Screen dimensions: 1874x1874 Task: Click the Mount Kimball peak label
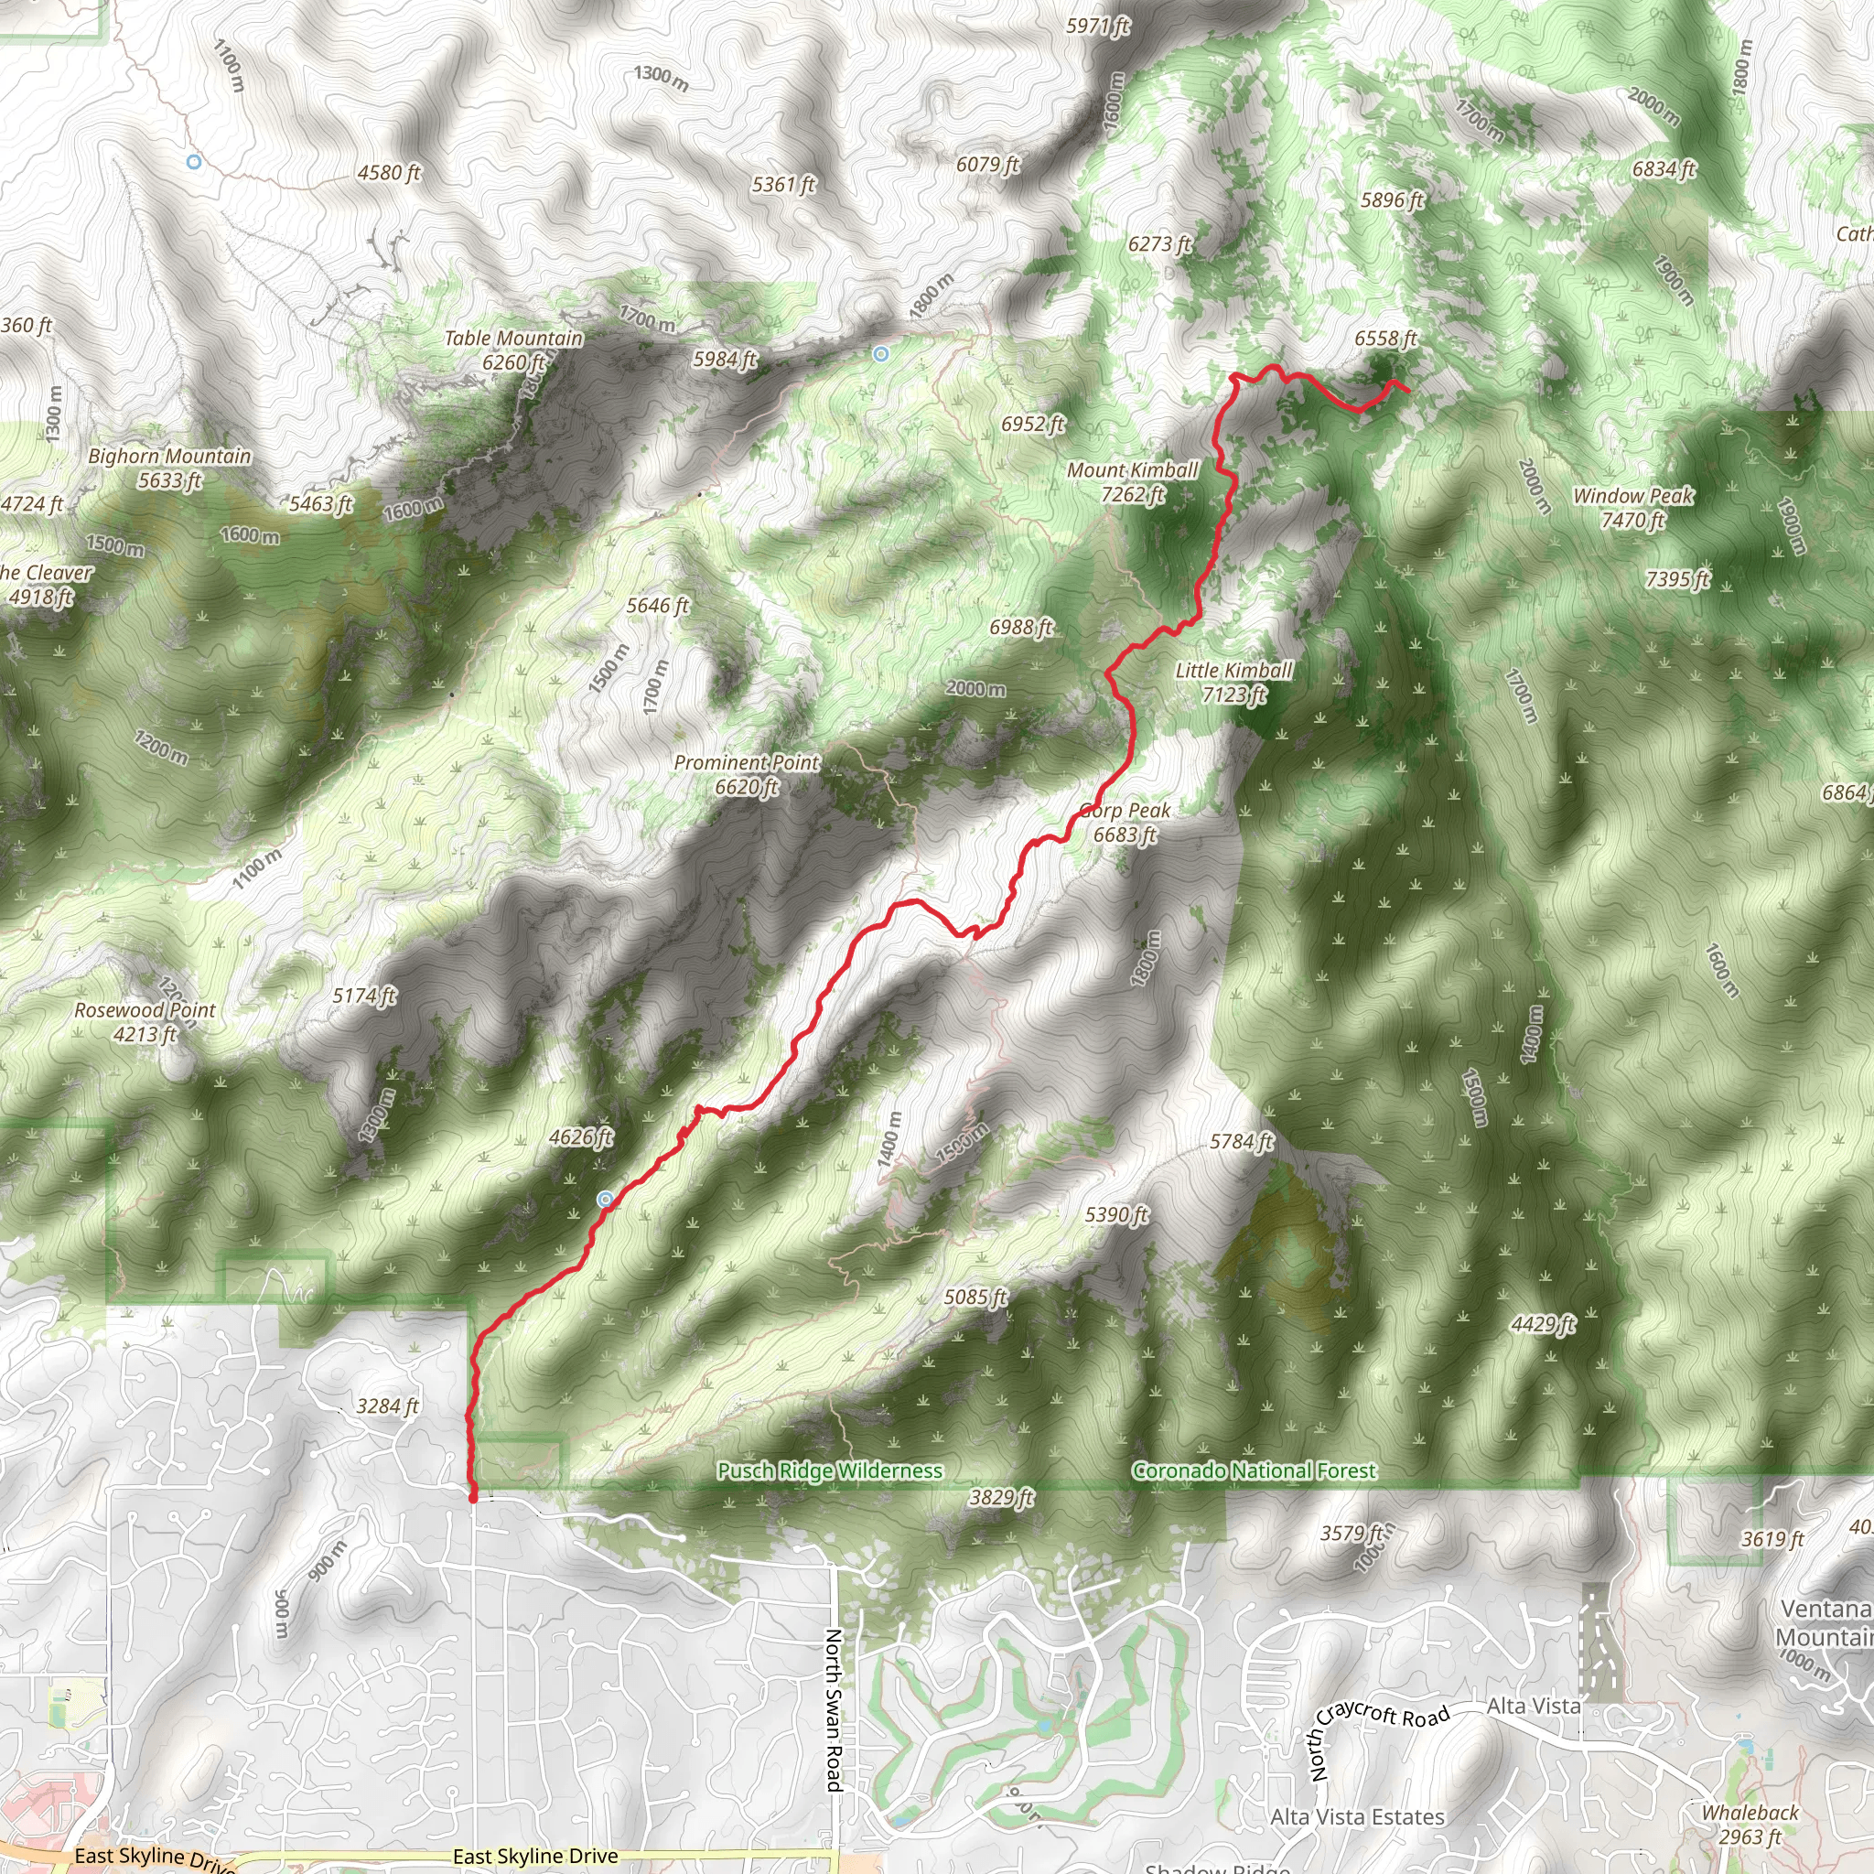click(x=1132, y=482)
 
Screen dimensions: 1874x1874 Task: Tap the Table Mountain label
click(x=513, y=350)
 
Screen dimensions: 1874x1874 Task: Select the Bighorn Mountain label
click(x=170, y=468)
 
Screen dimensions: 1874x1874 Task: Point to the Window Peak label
click(x=1632, y=507)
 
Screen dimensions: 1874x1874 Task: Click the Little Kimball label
click(x=1233, y=682)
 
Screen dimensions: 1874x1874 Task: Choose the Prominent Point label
click(x=747, y=774)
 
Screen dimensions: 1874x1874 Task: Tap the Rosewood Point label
click(x=145, y=1021)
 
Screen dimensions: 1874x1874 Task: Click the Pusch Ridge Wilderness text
click(x=829, y=1470)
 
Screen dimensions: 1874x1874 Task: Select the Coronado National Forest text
click(x=1254, y=1470)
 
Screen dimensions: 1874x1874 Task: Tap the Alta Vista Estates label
click(x=1357, y=1816)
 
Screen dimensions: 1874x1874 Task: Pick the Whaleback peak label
click(x=1750, y=1824)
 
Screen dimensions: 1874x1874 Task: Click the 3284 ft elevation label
click(x=387, y=1405)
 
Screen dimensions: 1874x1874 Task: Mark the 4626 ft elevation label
click(x=581, y=1136)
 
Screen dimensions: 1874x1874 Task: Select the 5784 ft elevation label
click(x=1242, y=1142)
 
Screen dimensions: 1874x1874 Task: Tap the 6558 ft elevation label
click(x=1386, y=339)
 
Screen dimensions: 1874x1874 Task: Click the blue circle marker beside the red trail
click(x=605, y=1200)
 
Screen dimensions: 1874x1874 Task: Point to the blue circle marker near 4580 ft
click(x=194, y=162)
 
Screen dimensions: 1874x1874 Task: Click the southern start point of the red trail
click(x=473, y=1498)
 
